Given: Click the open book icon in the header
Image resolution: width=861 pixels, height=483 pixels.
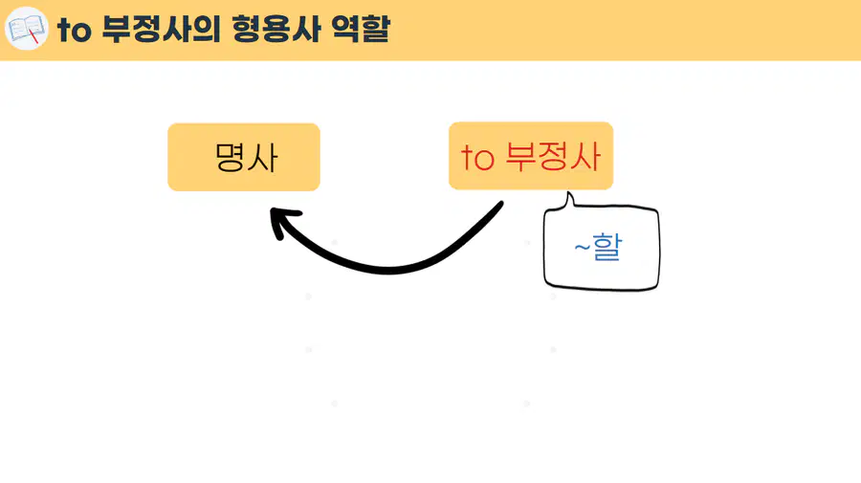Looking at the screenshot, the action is point(27,29).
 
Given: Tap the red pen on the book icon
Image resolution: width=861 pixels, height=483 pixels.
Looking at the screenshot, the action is point(33,36).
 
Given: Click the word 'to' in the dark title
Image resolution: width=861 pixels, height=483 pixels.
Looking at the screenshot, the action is point(74,31).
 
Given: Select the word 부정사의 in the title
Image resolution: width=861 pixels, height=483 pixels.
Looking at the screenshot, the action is point(161,29).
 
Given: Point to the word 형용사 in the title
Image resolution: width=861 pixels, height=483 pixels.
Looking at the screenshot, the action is point(276,29).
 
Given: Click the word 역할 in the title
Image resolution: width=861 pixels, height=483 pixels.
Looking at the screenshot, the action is point(361,29).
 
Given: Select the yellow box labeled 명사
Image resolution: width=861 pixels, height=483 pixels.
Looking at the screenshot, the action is point(244,157).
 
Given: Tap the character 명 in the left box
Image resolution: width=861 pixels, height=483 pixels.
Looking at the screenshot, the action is point(230,157).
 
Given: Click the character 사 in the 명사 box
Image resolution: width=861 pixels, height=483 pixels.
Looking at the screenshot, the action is point(262,158).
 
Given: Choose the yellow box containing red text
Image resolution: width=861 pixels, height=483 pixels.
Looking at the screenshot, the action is point(531,156).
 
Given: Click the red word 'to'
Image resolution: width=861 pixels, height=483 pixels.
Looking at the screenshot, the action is point(477,158).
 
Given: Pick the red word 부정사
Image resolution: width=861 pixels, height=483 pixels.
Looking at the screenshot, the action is point(553,157).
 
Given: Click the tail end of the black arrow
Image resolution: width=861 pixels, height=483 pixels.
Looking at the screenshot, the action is point(500,204).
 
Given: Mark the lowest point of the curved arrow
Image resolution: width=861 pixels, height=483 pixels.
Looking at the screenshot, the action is point(388,270).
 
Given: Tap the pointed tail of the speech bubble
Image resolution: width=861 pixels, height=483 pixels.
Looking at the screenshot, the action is point(568,193).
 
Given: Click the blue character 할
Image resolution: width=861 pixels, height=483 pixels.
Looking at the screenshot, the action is point(607,247).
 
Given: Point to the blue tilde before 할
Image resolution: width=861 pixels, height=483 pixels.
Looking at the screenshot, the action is point(582,248).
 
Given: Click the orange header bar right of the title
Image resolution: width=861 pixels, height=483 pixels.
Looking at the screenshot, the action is point(625,31).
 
